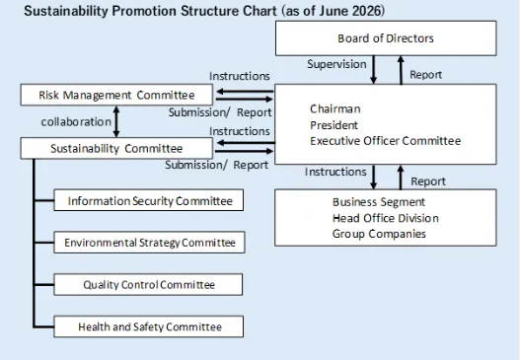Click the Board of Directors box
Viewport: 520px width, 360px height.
[x=386, y=38]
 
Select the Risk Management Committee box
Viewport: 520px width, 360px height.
[x=116, y=95]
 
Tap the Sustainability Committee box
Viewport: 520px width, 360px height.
[x=116, y=148]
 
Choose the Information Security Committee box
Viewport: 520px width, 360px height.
[x=149, y=200]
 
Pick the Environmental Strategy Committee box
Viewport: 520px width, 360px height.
[x=149, y=243]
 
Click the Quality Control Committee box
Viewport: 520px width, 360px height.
[x=148, y=284]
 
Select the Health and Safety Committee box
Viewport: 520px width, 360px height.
[x=149, y=326]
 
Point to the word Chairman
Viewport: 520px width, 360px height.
[x=334, y=108]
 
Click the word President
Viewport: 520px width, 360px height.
[x=334, y=125]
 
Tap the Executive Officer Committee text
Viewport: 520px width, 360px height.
[x=386, y=141]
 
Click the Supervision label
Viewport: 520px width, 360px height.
[x=336, y=64]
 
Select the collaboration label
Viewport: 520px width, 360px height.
[x=76, y=121]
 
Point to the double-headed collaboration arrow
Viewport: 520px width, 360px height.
[x=116, y=121]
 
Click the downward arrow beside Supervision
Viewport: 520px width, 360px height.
[x=373, y=70]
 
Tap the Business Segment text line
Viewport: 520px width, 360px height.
[x=379, y=202]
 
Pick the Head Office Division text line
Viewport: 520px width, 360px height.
[x=386, y=218]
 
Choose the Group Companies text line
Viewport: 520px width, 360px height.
[x=379, y=234]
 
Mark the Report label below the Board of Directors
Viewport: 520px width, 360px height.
[x=426, y=75]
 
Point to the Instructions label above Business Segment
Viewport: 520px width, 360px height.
[x=335, y=172]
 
